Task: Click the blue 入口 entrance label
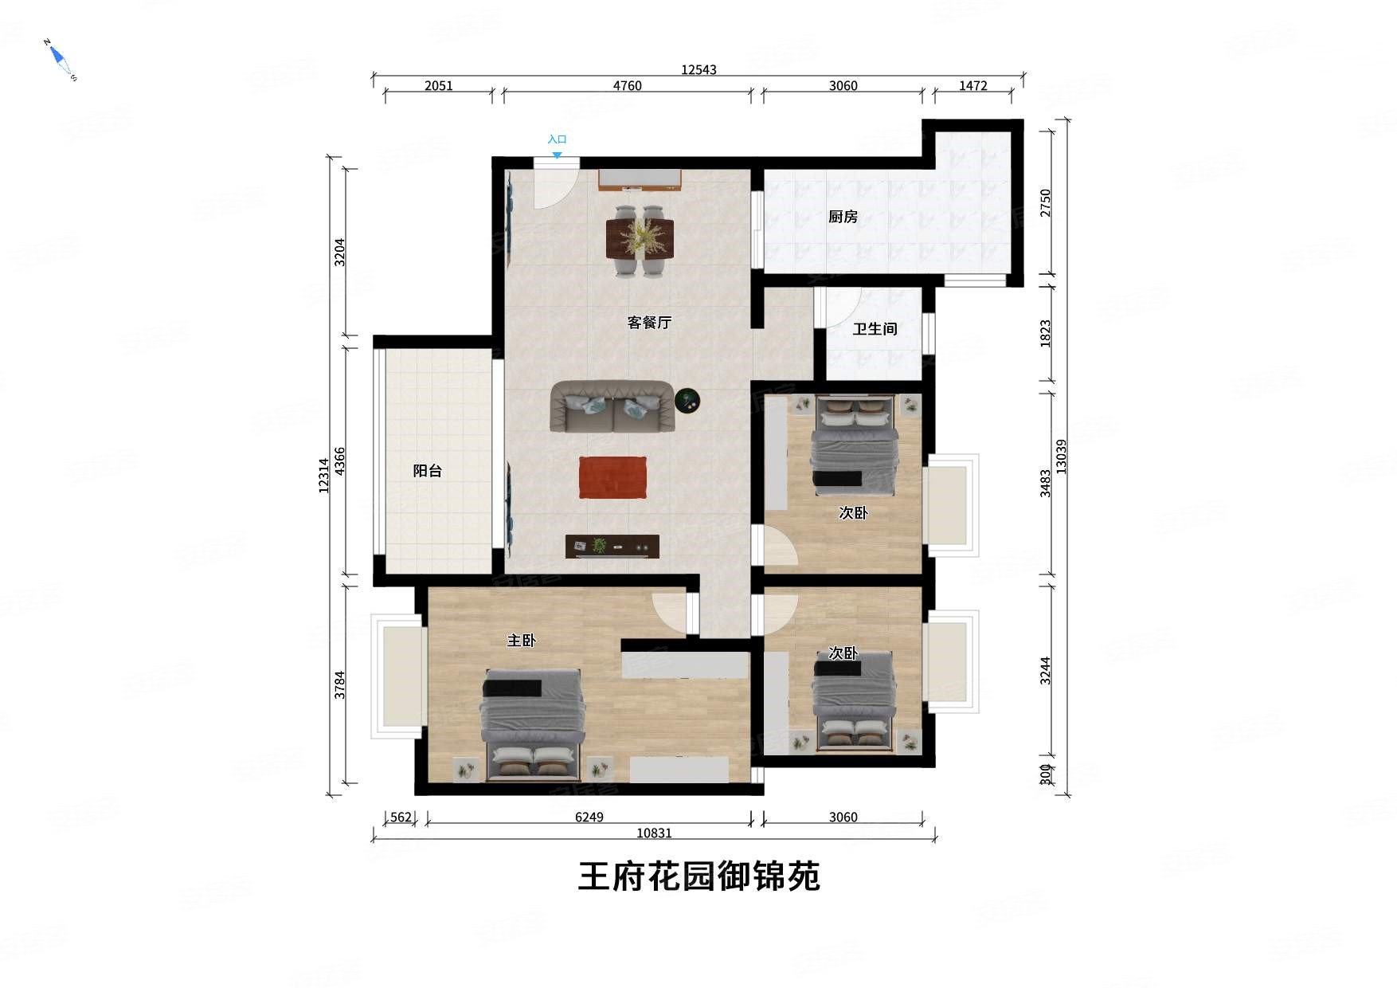557,139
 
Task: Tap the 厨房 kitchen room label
843,217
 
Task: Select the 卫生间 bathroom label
875,329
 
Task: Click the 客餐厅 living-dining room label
649,323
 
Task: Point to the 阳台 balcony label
427,471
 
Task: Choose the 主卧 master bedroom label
522,641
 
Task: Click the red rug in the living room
612,477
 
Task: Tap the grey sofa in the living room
612,406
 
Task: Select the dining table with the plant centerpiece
640,238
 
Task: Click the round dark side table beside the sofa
687,401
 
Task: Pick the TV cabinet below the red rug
612,547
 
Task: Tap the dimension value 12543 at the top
698,70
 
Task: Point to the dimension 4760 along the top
627,86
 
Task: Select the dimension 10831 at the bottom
654,833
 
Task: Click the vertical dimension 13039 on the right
1061,457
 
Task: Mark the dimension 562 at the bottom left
401,817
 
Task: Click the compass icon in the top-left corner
60,59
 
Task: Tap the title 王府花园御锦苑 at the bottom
698,876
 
